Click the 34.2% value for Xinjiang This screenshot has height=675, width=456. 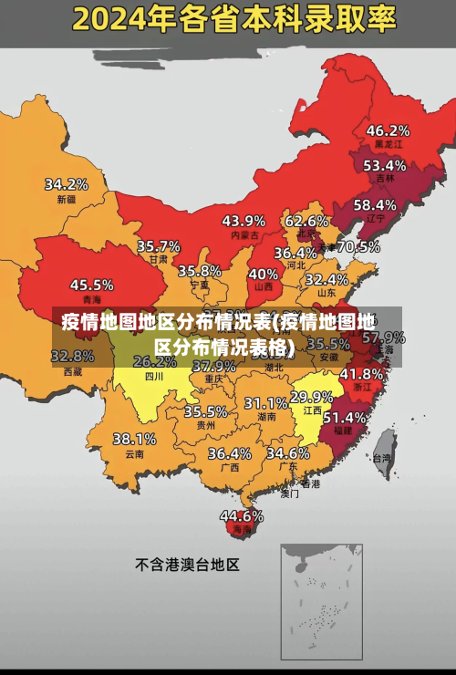coord(67,184)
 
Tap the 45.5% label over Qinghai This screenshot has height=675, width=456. coord(91,285)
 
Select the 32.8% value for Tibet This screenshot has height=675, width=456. coord(72,356)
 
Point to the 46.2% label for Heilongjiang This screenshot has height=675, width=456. coord(388,130)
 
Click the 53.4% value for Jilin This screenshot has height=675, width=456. coord(384,166)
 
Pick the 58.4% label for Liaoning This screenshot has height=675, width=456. coord(375,205)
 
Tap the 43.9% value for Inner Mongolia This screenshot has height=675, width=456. coord(244,221)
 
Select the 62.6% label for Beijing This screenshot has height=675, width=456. coord(306,221)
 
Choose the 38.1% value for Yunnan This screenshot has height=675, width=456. coord(134,439)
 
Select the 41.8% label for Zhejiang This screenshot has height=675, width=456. coord(361,374)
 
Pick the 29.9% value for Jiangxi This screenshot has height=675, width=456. coord(311,397)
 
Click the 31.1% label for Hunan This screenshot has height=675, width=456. coord(265,402)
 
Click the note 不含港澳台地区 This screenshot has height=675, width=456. coord(187,565)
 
